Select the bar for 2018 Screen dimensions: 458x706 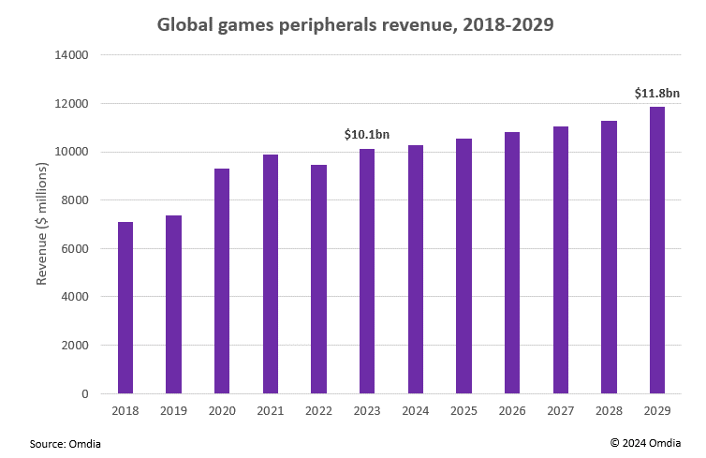tap(125, 307)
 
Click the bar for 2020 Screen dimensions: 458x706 tap(222, 281)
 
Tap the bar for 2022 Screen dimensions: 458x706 tap(318, 279)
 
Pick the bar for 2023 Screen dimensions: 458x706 tap(367, 272)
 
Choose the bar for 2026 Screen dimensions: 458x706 tap(512, 263)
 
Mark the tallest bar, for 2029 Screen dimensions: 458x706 tap(657, 250)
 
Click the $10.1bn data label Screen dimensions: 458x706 tap(367, 135)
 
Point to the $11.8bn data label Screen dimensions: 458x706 tap(656, 93)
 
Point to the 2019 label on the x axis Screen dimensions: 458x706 tap(173, 412)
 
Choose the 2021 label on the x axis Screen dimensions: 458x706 tap(270, 412)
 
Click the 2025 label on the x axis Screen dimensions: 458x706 tap(463, 412)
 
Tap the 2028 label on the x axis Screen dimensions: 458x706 tap(609, 412)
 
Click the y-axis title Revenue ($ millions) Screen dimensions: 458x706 tap(41, 224)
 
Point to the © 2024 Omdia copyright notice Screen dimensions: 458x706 tap(645, 442)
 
